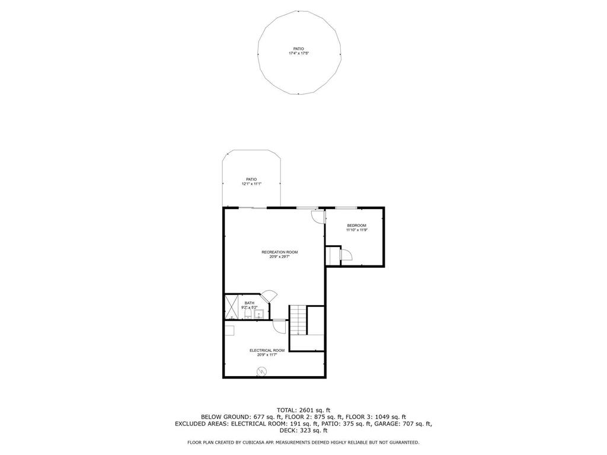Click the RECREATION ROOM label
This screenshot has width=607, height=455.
[280, 252]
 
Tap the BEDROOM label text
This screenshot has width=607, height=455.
[356, 226]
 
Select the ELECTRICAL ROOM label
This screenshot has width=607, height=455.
[267, 351]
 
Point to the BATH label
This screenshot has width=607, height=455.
[250, 303]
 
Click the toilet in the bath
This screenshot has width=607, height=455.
[248, 314]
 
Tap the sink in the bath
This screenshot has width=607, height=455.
[259, 314]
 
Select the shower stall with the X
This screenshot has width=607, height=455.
[232, 307]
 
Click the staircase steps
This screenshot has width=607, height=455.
[299, 321]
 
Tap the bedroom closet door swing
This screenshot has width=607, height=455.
[346, 255]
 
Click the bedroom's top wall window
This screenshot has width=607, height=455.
[346, 208]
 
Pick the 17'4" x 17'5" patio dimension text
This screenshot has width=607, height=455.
[298, 53]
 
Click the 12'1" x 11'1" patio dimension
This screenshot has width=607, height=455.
[251, 184]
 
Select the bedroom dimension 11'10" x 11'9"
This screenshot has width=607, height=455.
[356, 230]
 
